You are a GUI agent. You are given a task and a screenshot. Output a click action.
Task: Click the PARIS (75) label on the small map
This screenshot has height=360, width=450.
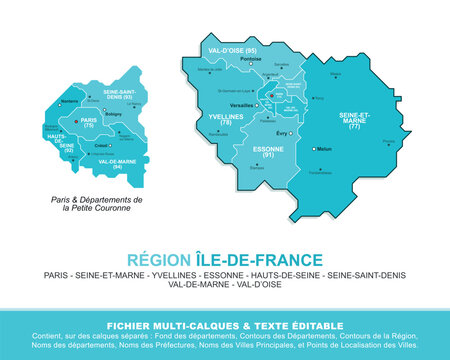pyautogui.click(x=89, y=123)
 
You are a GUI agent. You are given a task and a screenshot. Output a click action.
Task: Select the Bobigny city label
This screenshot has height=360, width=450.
pyautogui.click(x=113, y=113)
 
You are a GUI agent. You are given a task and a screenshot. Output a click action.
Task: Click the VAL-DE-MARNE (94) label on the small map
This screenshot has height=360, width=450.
pyautogui.click(x=117, y=162)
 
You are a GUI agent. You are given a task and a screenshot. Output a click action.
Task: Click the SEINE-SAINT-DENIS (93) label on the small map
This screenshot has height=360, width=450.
pyautogui.click(x=118, y=95)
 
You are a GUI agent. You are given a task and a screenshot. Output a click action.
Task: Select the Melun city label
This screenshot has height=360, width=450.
pyautogui.click(x=324, y=149)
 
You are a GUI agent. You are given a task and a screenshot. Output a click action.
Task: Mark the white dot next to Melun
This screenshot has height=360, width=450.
pyautogui.click(x=314, y=149)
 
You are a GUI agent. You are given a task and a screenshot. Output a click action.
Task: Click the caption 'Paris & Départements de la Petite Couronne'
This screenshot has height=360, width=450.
pyautogui.click(x=97, y=205)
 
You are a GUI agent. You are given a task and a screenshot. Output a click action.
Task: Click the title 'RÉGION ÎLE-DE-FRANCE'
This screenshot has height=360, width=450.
pyautogui.click(x=224, y=257)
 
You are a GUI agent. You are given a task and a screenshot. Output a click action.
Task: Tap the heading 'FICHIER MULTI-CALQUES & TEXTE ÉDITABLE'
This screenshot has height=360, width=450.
pyautogui.click(x=224, y=325)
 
